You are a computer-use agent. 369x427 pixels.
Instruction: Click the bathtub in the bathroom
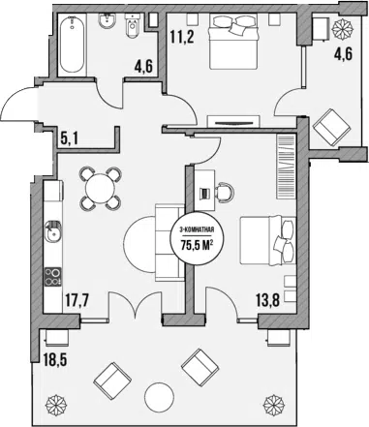tap(73, 45)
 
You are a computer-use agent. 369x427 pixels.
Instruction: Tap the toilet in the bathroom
tap(132, 26)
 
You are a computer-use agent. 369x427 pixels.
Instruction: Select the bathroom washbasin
tap(107, 21)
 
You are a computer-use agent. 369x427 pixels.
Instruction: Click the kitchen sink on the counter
tap(52, 231)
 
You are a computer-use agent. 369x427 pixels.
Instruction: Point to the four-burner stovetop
tap(53, 277)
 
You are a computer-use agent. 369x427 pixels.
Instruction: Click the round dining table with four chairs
tap(101, 188)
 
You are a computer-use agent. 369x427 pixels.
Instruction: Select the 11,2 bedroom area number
tap(182, 38)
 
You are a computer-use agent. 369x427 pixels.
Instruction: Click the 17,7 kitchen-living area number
tap(77, 302)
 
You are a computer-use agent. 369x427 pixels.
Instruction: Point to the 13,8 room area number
tap(268, 301)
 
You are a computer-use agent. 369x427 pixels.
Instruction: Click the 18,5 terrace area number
tap(55, 359)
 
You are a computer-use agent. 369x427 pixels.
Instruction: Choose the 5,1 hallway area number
tap(70, 139)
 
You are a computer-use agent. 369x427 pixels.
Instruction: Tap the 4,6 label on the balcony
tap(343, 53)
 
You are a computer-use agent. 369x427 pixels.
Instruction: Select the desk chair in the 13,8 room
tap(224, 193)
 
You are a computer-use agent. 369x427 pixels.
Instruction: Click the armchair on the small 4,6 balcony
tap(332, 128)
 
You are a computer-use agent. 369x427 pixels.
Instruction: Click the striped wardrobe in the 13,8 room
tap(286, 167)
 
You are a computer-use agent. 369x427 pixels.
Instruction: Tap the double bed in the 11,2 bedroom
tap(234, 42)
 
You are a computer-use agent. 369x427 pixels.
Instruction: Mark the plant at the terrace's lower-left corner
tap(56, 404)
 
